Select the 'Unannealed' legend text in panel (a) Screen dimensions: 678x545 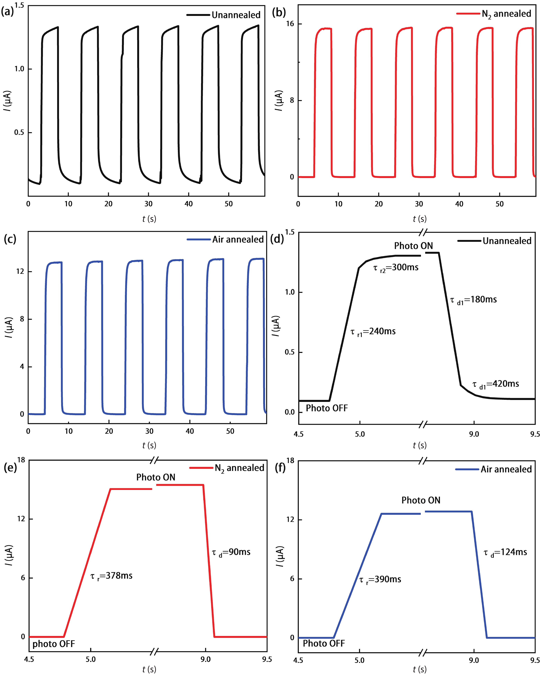point(236,15)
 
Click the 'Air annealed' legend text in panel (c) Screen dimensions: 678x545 point(238,240)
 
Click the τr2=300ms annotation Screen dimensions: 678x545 point(396,268)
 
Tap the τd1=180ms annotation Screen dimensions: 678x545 point(473,300)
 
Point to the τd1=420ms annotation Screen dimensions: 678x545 point(496,384)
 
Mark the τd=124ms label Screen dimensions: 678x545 point(505,552)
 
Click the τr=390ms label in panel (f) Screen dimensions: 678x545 point(380,579)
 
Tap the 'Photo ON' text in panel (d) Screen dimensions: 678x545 point(413,246)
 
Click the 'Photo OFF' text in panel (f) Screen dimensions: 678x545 point(324,643)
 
